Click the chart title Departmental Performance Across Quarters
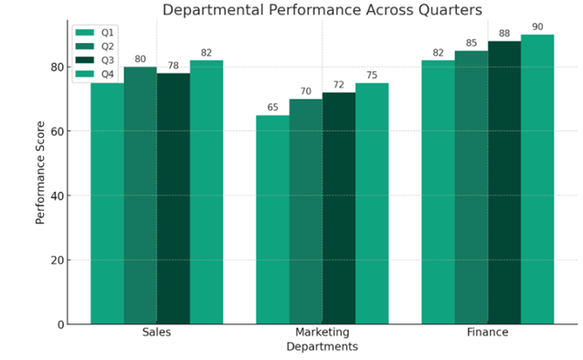tap(322, 11)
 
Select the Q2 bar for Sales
tap(140, 196)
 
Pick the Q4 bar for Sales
tap(207, 192)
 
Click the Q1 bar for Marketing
tap(272, 219)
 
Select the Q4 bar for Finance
tap(537, 179)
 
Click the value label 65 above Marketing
tap(272, 108)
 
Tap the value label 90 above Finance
tap(537, 27)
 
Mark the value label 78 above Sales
tap(173, 66)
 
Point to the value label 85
tap(471, 43)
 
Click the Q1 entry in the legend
tap(96, 32)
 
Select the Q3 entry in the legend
tap(96, 60)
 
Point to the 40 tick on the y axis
tap(58, 196)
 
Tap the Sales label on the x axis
tap(156, 333)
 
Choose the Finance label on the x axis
tap(487, 333)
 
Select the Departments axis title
tap(322, 347)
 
